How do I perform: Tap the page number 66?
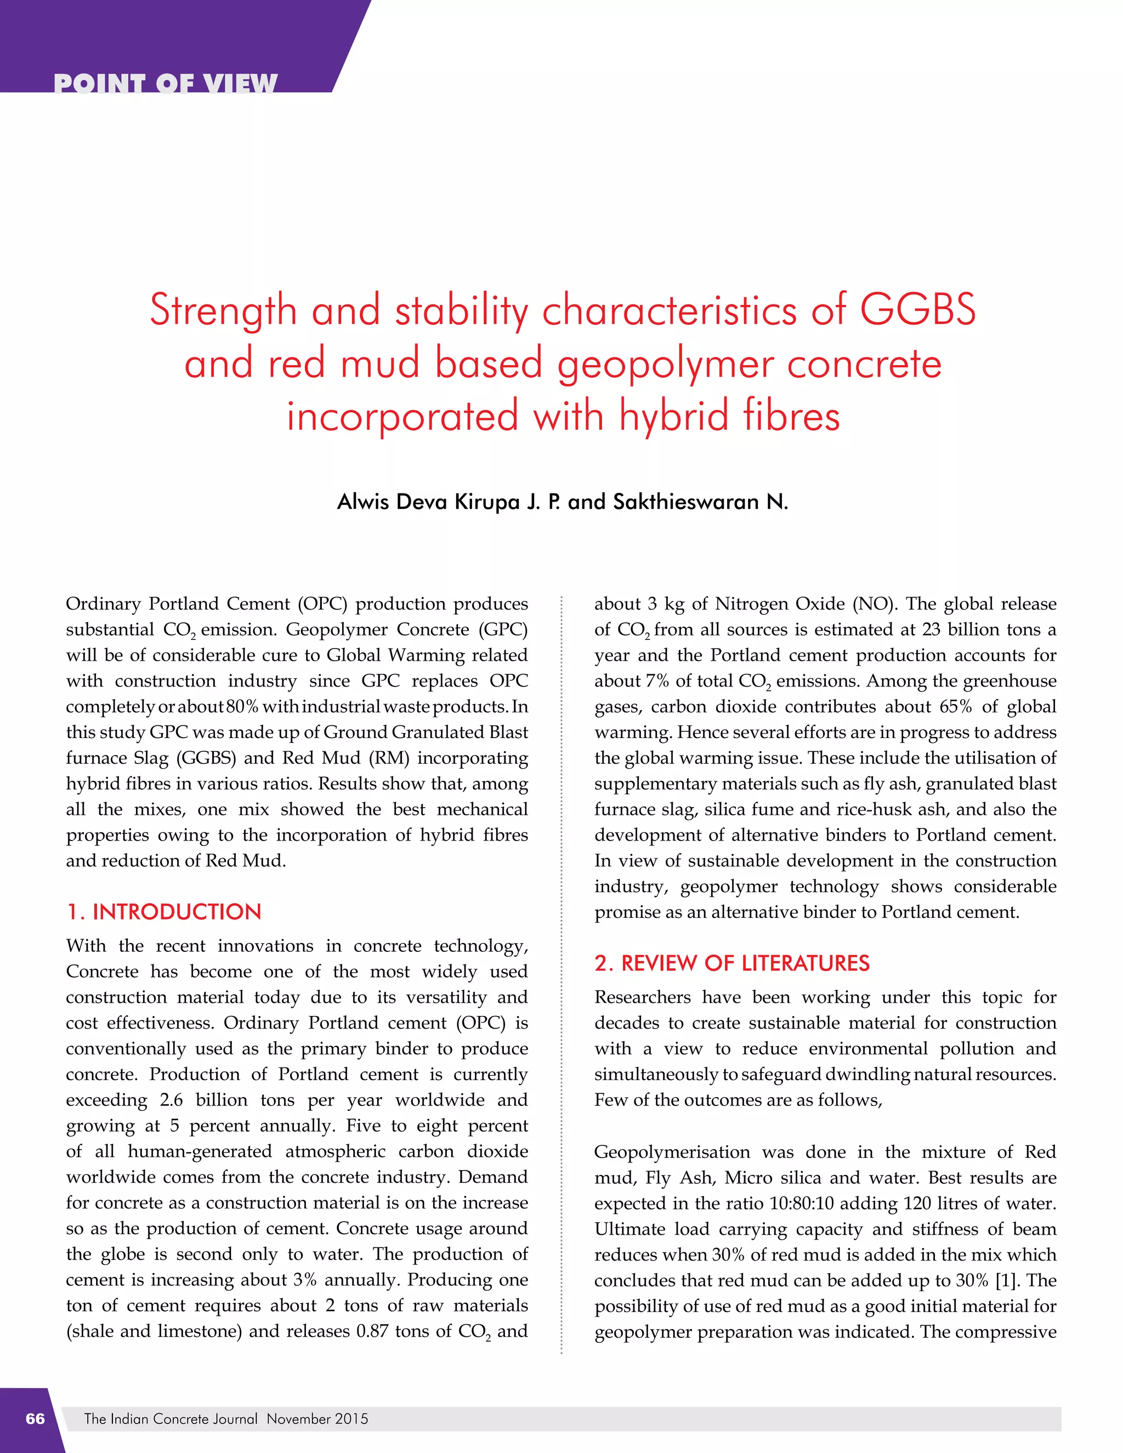tap(35, 1418)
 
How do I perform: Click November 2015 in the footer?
tap(317, 1418)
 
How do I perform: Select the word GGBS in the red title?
tap(917, 310)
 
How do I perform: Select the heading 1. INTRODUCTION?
tap(163, 911)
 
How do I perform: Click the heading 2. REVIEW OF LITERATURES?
tap(732, 963)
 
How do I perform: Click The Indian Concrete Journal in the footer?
tap(171, 1418)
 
